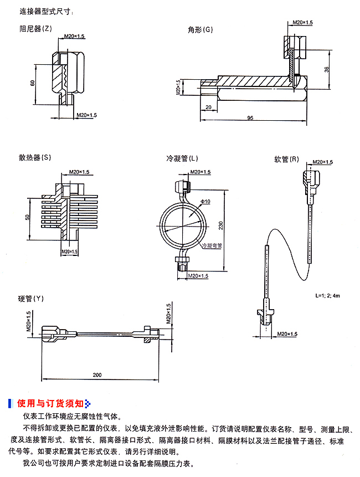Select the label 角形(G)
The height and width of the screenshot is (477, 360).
(x=200, y=29)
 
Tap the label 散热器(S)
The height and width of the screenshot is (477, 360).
(x=34, y=157)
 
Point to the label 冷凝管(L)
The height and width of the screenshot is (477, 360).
(x=182, y=158)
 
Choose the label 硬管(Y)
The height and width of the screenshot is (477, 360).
(x=30, y=299)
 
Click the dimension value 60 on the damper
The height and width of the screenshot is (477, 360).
(x=33, y=83)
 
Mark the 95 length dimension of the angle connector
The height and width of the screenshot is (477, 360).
(x=250, y=118)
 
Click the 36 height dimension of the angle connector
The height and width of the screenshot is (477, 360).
(x=327, y=69)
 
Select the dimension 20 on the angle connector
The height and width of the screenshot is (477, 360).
(x=208, y=106)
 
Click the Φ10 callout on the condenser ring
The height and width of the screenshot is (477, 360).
(x=205, y=203)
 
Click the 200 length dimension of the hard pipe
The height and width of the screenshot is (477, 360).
(x=97, y=375)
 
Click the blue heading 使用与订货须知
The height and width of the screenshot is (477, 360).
(x=50, y=403)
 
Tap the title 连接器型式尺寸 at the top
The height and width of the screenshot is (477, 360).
(x=45, y=11)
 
